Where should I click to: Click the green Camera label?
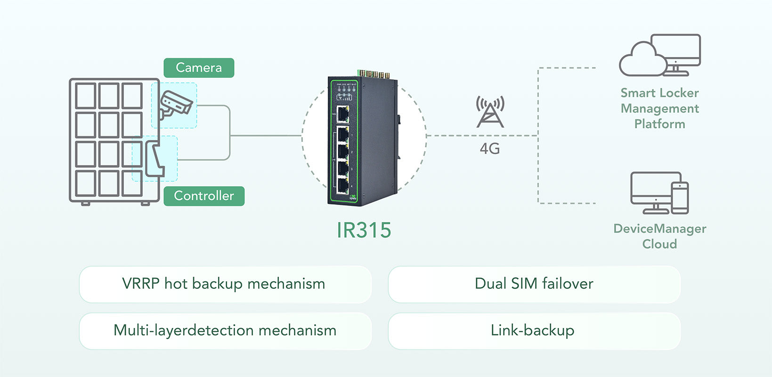(199, 68)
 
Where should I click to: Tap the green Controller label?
(204, 196)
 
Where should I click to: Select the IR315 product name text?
(364, 230)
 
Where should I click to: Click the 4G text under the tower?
(490, 149)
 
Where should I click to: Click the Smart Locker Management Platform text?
(659, 108)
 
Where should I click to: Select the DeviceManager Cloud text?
(659, 236)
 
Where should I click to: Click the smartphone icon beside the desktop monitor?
(680, 198)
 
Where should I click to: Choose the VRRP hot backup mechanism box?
(225, 284)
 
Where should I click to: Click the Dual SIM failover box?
(534, 284)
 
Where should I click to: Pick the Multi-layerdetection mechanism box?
(225, 331)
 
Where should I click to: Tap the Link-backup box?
(534, 331)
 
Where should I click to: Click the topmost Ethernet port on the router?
(343, 114)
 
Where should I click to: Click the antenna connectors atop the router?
(374, 74)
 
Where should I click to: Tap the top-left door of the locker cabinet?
(86, 96)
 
